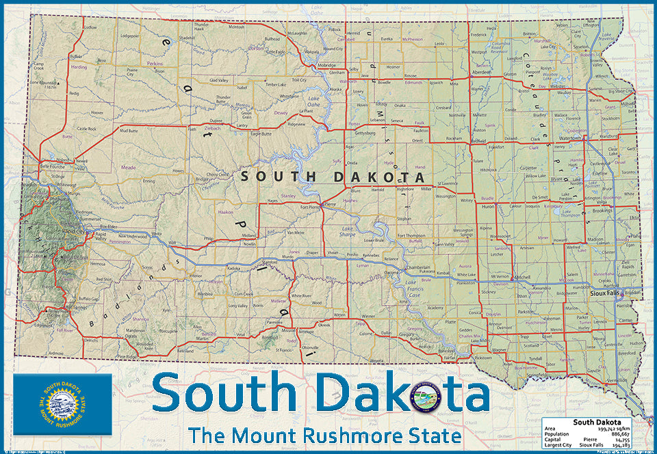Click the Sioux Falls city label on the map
(603, 292)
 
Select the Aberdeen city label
(482, 72)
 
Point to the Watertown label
(569, 138)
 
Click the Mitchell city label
(522, 277)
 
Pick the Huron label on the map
(487, 205)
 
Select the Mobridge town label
(327, 65)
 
